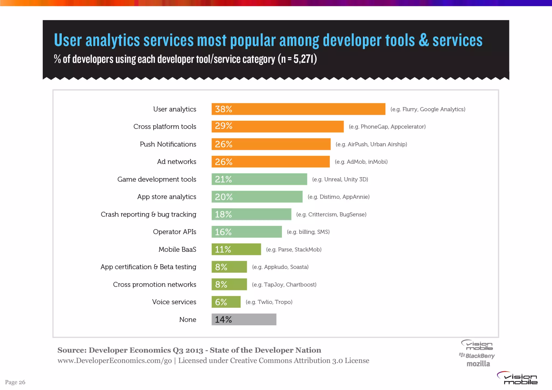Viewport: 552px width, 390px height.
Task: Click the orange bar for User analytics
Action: coord(298,109)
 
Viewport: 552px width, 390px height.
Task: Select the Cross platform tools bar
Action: coord(277,127)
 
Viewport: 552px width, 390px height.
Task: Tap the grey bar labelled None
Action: coord(244,319)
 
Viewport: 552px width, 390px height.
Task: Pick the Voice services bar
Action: coord(226,302)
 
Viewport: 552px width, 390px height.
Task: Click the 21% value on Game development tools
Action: coord(223,179)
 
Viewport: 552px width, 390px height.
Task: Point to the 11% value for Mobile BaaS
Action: coord(223,249)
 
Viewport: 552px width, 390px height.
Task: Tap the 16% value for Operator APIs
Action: coord(223,232)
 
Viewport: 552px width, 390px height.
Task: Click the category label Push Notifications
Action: coord(168,144)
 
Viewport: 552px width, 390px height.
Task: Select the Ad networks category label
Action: coord(177,162)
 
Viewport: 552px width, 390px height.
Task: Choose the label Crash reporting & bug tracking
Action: coord(149,214)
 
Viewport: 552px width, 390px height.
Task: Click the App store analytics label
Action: coord(167,197)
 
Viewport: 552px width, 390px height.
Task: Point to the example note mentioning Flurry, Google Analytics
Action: coord(428,109)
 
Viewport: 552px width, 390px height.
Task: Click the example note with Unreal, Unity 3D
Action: coord(340,179)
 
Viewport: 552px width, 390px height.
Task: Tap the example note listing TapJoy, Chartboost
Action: coord(284,285)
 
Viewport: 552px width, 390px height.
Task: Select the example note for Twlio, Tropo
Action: coord(269,302)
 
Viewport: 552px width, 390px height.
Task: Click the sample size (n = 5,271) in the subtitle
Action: coord(297,59)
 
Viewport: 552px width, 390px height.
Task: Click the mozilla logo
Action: coord(478,364)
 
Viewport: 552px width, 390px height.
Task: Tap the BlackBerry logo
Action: coord(477,356)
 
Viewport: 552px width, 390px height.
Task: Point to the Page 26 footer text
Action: coord(15,382)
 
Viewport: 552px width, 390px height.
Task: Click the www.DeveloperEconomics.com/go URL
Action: coord(115,361)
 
